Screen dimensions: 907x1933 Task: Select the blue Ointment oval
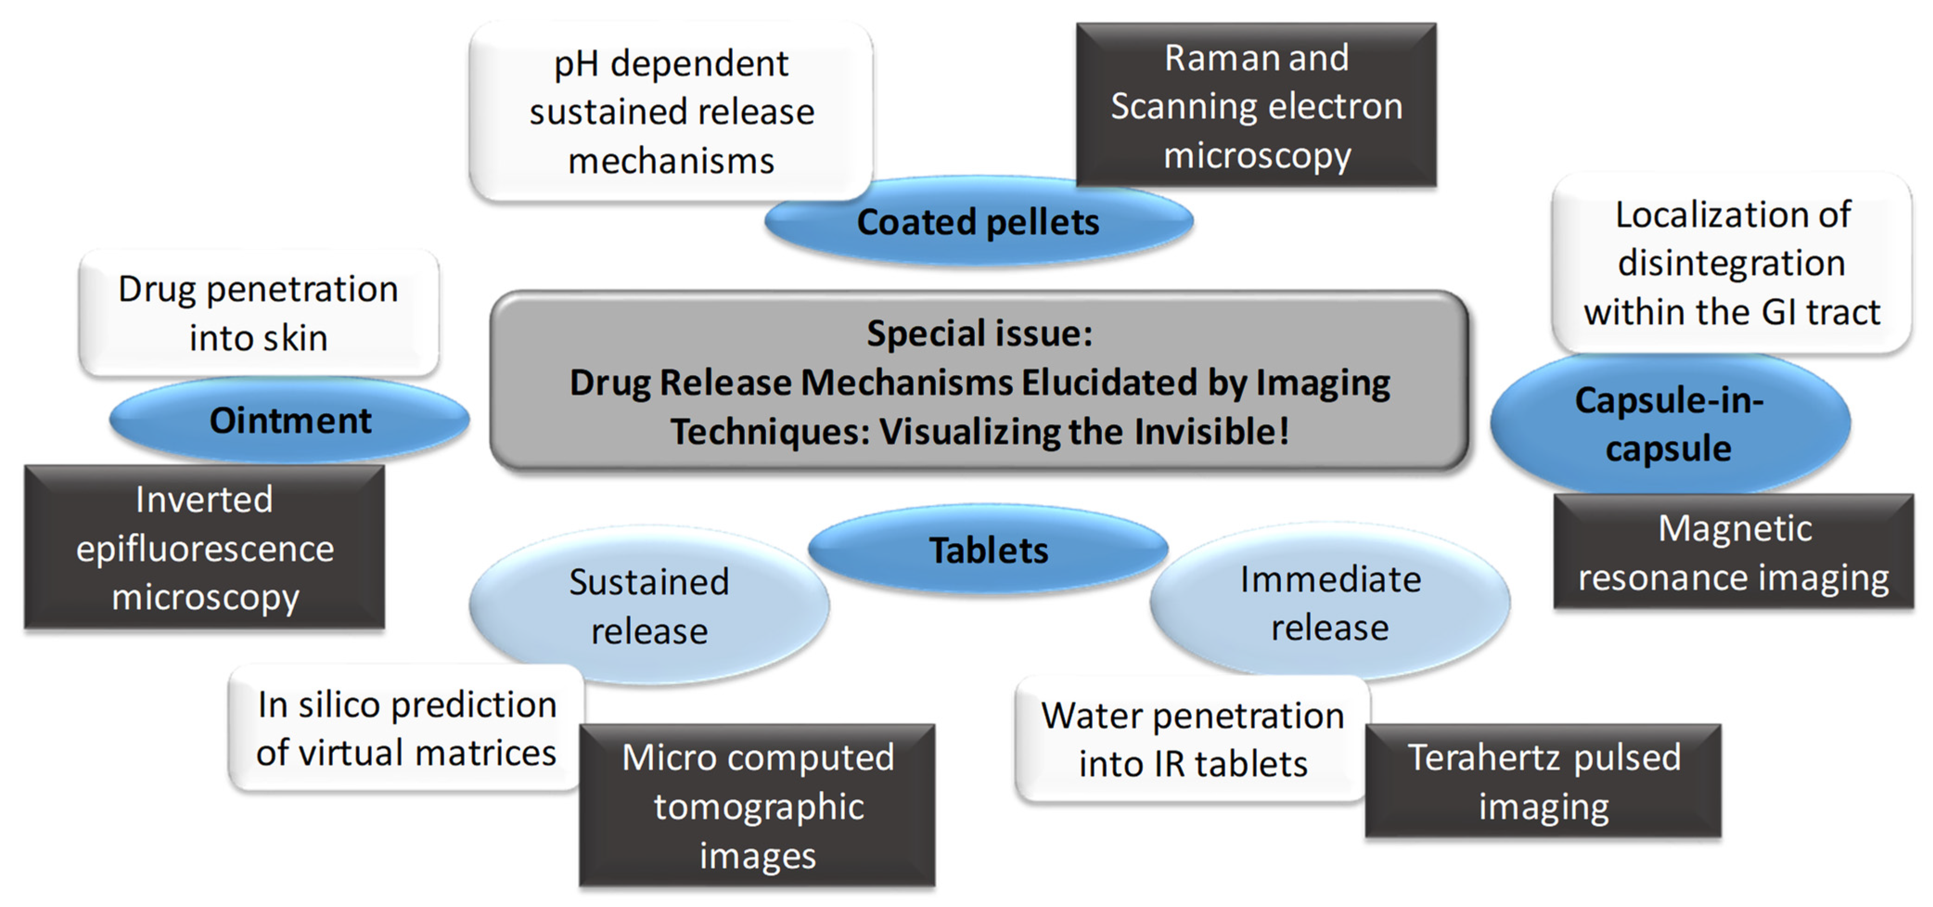pos(290,420)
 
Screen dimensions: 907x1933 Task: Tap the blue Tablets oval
pos(987,550)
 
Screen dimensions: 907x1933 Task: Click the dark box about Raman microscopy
pos(1256,106)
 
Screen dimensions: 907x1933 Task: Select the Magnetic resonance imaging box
pos(1734,553)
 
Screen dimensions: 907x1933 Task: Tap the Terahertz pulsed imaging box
pos(1543,781)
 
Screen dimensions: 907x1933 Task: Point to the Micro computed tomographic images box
pos(757,806)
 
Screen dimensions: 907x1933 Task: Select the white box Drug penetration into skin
pos(258,313)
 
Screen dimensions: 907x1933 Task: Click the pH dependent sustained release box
pos(671,112)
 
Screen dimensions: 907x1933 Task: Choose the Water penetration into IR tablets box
pos(1192,740)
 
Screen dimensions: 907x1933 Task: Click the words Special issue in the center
pos(979,334)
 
